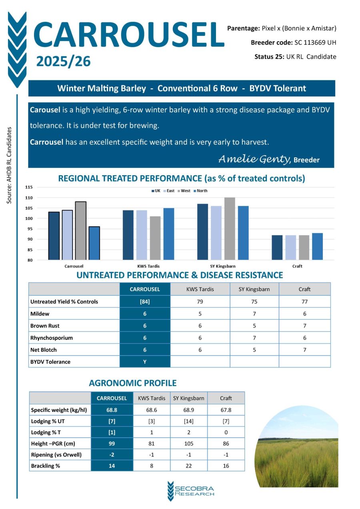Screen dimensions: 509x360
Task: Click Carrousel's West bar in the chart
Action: [x=81, y=231]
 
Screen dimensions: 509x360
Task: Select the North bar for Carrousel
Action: [x=94, y=243]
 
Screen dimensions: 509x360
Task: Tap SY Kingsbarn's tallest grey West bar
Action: [x=230, y=229]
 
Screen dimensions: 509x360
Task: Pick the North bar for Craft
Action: [x=317, y=246]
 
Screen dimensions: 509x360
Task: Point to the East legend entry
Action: [x=169, y=191]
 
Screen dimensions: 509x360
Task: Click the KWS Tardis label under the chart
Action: [x=148, y=266]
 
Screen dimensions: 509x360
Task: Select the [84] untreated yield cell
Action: [x=145, y=301]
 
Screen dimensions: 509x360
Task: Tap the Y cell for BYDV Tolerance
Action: [x=145, y=361]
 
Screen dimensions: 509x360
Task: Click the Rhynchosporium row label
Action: [x=52, y=337]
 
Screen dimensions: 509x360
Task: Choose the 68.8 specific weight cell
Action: [x=112, y=410]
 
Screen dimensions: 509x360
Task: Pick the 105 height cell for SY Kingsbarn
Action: [x=188, y=443]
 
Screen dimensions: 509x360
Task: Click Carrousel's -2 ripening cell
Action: [x=112, y=455]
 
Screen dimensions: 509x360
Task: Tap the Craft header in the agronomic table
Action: [x=226, y=398]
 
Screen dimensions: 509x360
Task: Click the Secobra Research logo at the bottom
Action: [x=191, y=491]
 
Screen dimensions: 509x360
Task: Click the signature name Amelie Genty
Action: [x=254, y=159]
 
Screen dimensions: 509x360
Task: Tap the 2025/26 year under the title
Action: [x=64, y=62]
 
